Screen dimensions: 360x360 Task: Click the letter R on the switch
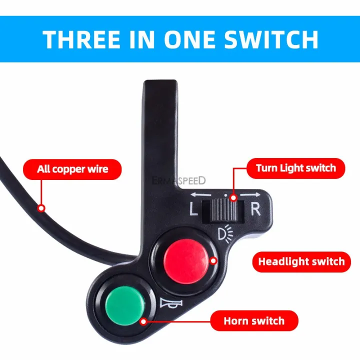(x=255, y=208)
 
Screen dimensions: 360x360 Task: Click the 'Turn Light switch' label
(x=295, y=167)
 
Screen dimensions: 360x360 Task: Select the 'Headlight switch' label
(x=301, y=261)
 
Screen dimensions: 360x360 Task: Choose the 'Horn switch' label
(x=254, y=320)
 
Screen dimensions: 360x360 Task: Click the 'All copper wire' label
(x=72, y=169)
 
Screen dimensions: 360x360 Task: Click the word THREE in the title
(x=83, y=39)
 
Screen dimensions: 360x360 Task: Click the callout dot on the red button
(x=213, y=260)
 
